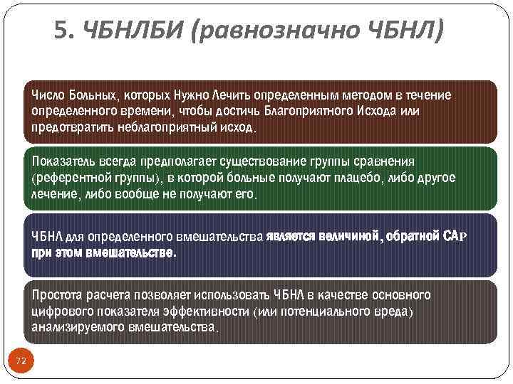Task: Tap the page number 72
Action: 21,361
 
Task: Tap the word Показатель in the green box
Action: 61,161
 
